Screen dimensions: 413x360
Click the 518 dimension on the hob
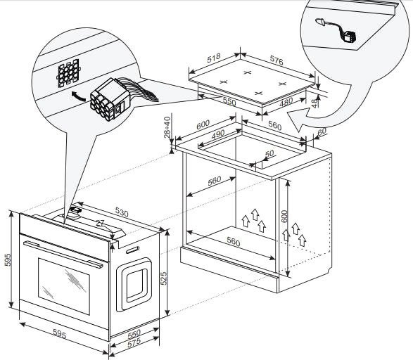214,58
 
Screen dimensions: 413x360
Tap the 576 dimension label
277,60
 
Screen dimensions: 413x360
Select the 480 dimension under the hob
286,102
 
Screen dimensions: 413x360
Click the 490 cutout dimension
218,134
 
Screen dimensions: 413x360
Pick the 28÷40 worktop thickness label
167,127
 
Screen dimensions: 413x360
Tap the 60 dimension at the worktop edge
322,131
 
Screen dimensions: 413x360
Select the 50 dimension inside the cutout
269,154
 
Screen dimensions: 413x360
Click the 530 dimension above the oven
122,212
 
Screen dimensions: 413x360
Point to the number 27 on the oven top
101,224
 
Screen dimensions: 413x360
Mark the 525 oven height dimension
164,278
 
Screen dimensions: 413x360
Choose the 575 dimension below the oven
134,343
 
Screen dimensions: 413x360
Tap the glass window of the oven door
64,286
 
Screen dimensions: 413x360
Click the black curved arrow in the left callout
79,96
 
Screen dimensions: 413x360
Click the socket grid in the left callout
68,73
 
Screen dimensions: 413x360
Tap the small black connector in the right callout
350,37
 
